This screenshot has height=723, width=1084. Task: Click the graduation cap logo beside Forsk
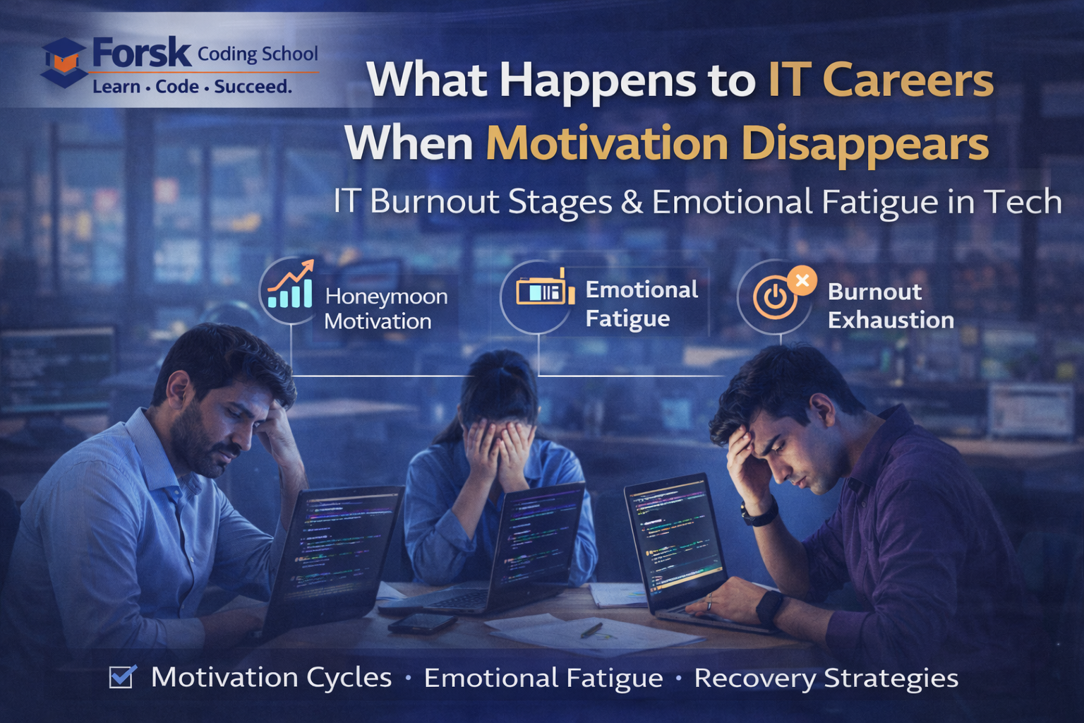[x=64, y=62]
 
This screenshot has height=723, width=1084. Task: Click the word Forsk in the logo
[x=141, y=53]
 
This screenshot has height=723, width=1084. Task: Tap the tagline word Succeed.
[x=253, y=87]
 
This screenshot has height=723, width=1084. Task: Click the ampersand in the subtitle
[x=632, y=202]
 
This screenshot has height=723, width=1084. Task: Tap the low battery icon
[x=543, y=289]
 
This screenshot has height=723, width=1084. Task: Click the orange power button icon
[x=775, y=297]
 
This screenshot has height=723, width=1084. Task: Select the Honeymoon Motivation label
[x=386, y=309]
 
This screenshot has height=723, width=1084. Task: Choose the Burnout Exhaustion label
[x=890, y=306]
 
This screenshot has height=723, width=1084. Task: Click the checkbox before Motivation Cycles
[x=121, y=676]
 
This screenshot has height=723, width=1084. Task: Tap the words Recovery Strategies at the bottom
[x=826, y=678]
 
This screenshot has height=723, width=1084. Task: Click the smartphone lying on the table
[x=422, y=622]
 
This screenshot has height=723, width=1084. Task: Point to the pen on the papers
[x=591, y=629]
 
